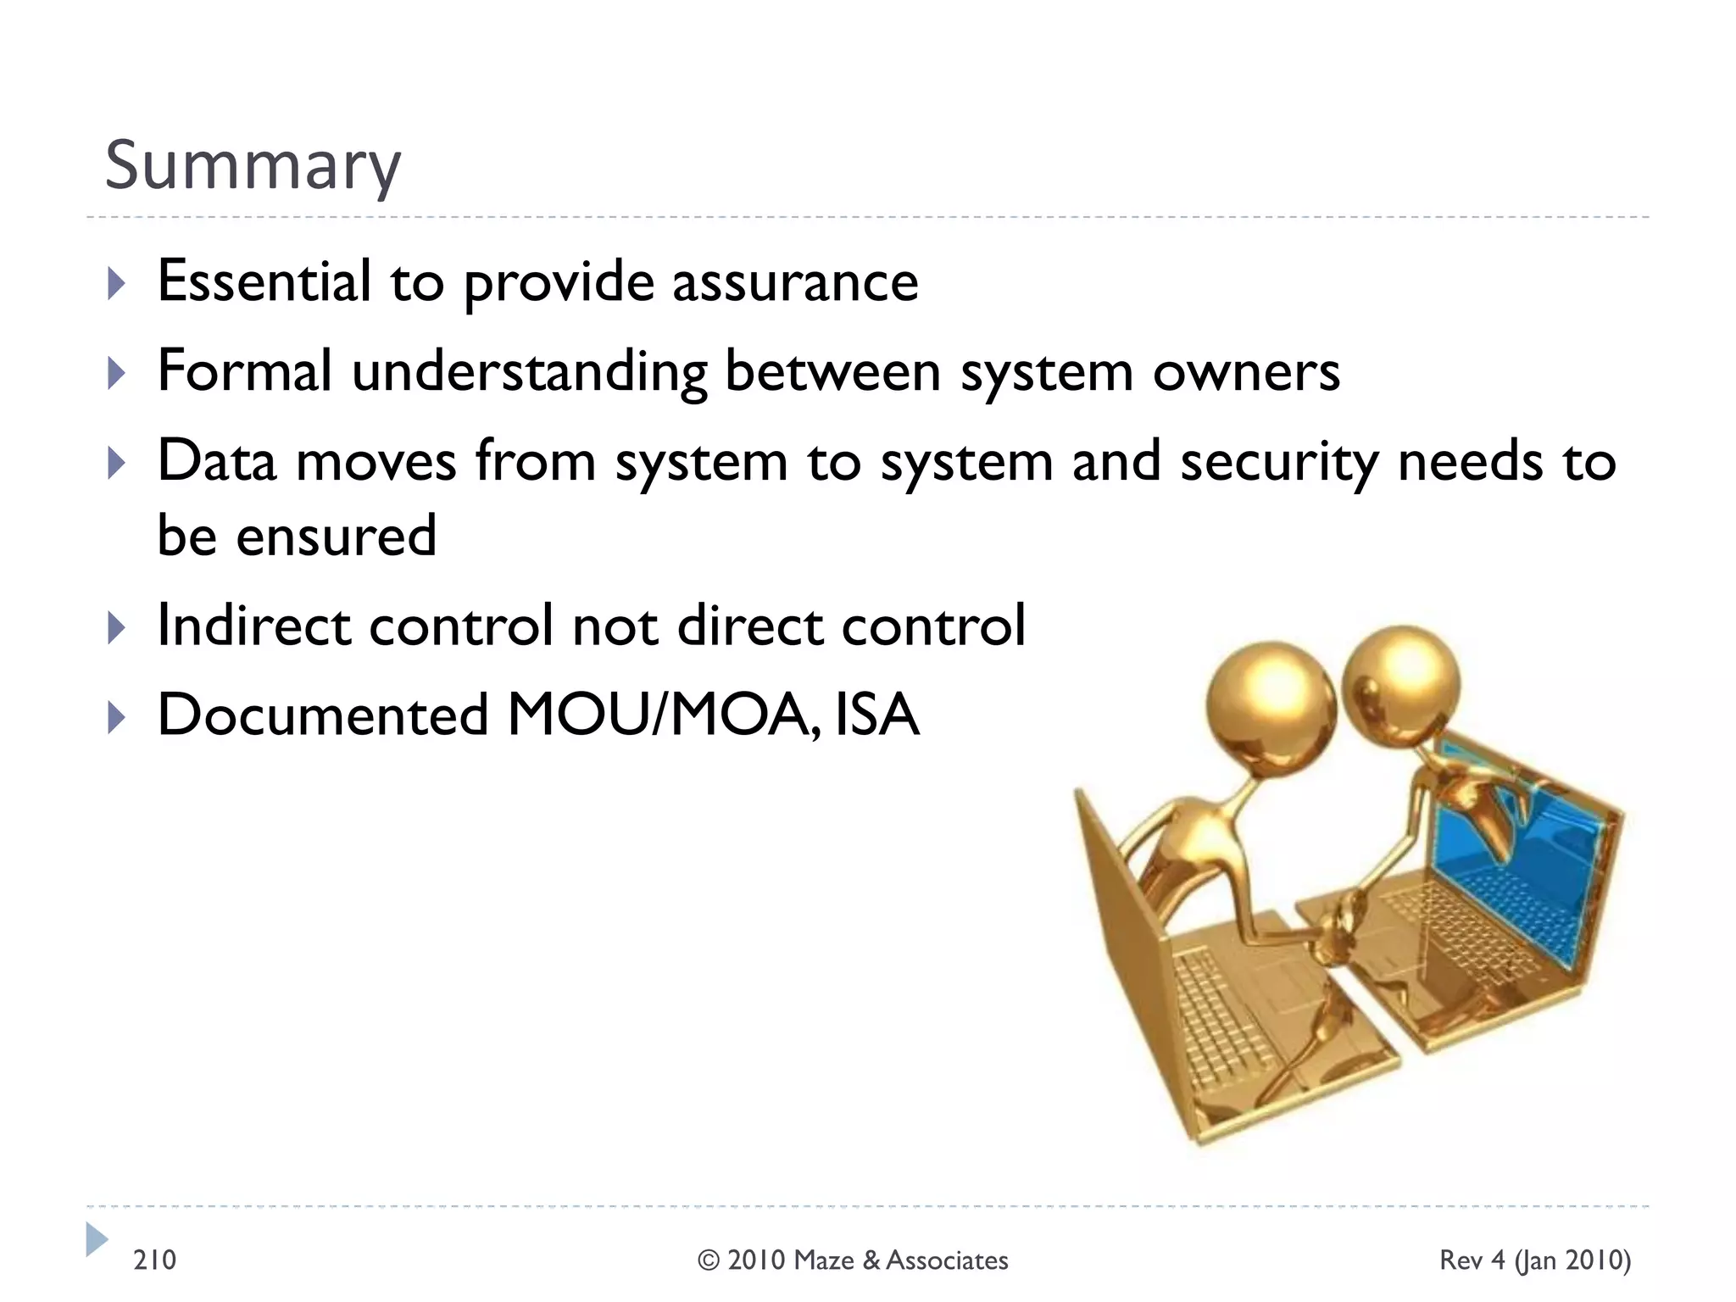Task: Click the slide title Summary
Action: coord(252,166)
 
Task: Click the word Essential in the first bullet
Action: coord(264,281)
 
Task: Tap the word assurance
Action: coord(795,282)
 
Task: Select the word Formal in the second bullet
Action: coord(244,370)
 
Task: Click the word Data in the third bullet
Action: coord(217,461)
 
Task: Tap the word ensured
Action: coord(336,536)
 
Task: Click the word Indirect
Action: coord(253,625)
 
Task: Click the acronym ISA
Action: coord(876,715)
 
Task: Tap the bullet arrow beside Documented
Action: coord(117,718)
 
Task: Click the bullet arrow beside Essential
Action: coord(117,284)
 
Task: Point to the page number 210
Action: coord(154,1260)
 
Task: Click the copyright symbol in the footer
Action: coord(709,1260)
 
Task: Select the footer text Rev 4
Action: coord(1472,1260)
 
